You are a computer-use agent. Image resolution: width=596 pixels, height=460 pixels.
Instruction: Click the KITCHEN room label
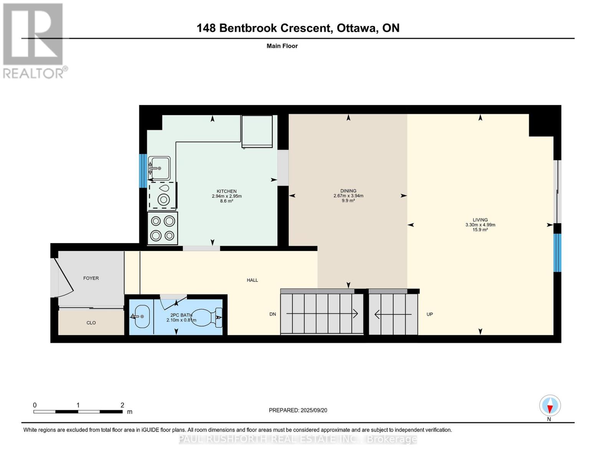tap(226, 191)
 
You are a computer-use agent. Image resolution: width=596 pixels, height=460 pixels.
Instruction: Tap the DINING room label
tap(348, 191)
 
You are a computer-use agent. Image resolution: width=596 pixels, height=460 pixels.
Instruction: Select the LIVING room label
tap(480, 220)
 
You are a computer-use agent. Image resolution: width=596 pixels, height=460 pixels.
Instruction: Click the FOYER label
tap(91, 278)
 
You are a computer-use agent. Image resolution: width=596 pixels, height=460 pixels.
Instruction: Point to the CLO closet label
tap(91, 323)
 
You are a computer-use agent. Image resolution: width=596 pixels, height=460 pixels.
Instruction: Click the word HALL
tap(252, 280)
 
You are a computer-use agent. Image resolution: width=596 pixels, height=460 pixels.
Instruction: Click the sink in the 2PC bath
tap(141, 317)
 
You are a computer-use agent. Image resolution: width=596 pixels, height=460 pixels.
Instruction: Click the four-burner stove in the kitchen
tap(163, 228)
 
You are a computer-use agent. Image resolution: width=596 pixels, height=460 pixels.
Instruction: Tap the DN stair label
tap(272, 314)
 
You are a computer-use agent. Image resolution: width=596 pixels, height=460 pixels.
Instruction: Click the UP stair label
tap(429, 314)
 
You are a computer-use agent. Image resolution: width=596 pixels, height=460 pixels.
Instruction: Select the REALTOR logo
tap(34, 41)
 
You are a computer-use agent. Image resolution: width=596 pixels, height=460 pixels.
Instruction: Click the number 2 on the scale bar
tap(122, 405)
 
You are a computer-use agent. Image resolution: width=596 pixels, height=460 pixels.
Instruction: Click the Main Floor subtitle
tap(282, 46)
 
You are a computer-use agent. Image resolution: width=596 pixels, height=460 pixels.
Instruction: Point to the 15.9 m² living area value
tap(480, 230)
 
